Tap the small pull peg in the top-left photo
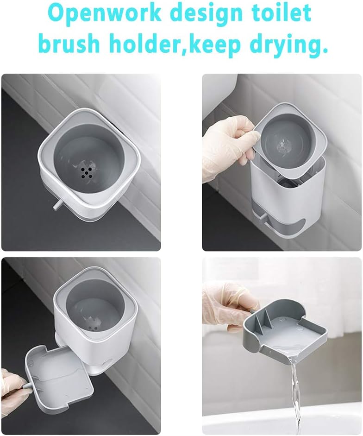57,204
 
